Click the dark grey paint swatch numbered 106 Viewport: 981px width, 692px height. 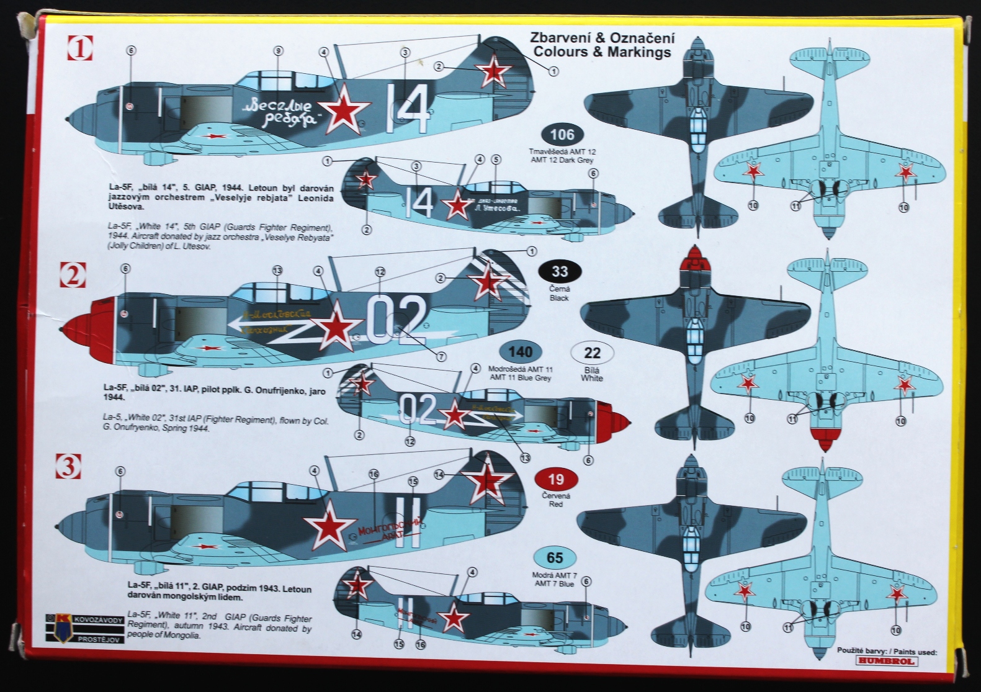coord(562,135)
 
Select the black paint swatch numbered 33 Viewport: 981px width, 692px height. coord(560,271)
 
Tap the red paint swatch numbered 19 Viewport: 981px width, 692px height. coord(556,479)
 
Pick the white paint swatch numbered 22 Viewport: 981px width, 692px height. coord(593,353)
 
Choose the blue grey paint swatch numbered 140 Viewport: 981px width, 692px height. coord(520,352)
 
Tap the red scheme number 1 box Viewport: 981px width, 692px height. coord(79,48)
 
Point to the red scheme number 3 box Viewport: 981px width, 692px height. coord(69,466)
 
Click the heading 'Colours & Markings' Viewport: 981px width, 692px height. coord(602,52)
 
